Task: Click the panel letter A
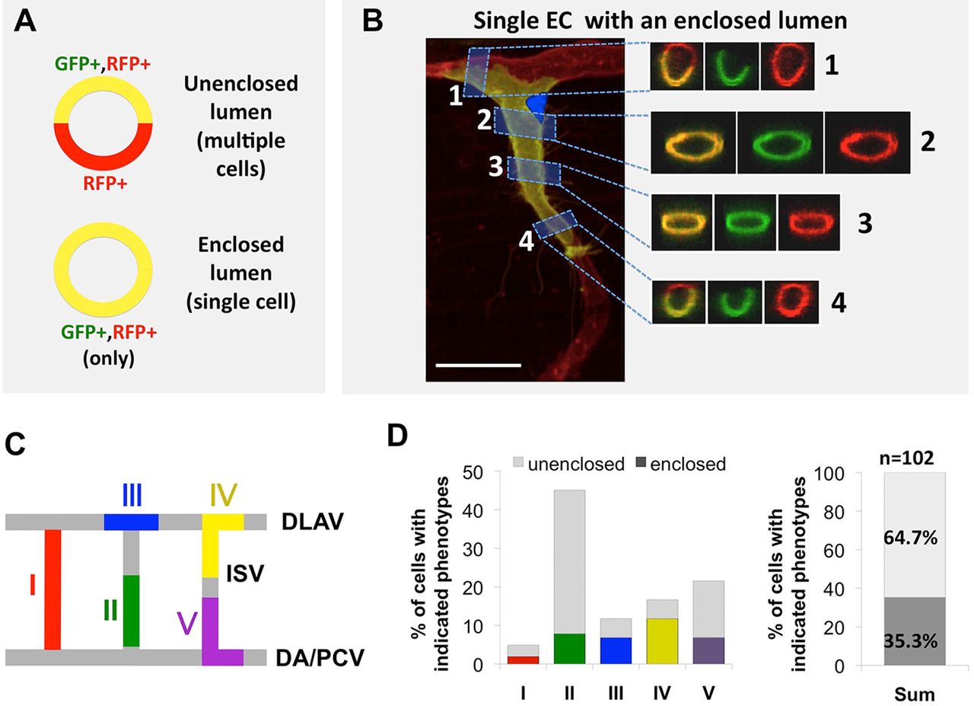25,21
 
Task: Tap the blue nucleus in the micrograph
537,107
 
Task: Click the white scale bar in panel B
479,365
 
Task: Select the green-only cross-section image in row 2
780,142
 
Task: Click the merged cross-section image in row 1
676,66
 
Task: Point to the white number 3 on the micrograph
495,166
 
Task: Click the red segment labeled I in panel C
53,589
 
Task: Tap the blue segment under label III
131,522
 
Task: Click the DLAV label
312,522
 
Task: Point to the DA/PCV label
320,658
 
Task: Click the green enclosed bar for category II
569,649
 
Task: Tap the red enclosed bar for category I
523,660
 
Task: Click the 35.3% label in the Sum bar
911,641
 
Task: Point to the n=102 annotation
906,458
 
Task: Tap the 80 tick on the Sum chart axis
833,512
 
